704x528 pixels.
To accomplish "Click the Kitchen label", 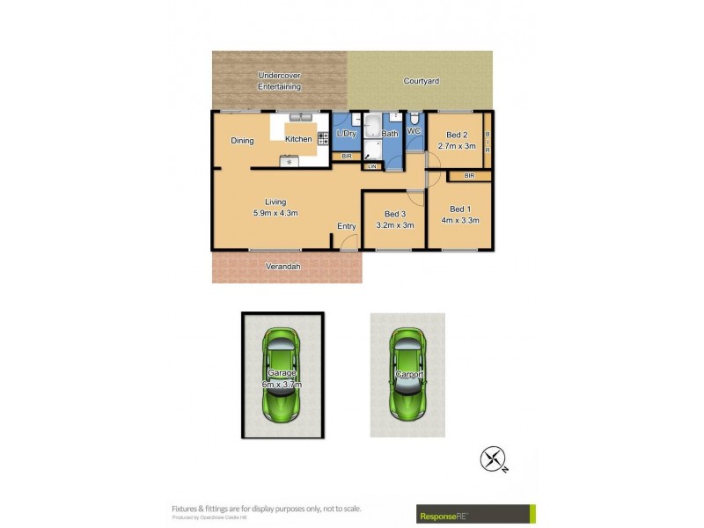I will (298, 140).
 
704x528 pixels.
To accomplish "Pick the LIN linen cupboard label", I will (372, 165).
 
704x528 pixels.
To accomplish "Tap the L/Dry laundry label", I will (346, 134).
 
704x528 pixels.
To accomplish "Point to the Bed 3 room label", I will (395, 214).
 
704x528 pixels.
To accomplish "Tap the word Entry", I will (347, 226).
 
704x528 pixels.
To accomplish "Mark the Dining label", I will (242, 141).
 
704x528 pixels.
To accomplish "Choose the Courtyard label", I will (422, 81).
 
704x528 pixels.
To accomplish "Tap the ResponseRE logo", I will (474, 513).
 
